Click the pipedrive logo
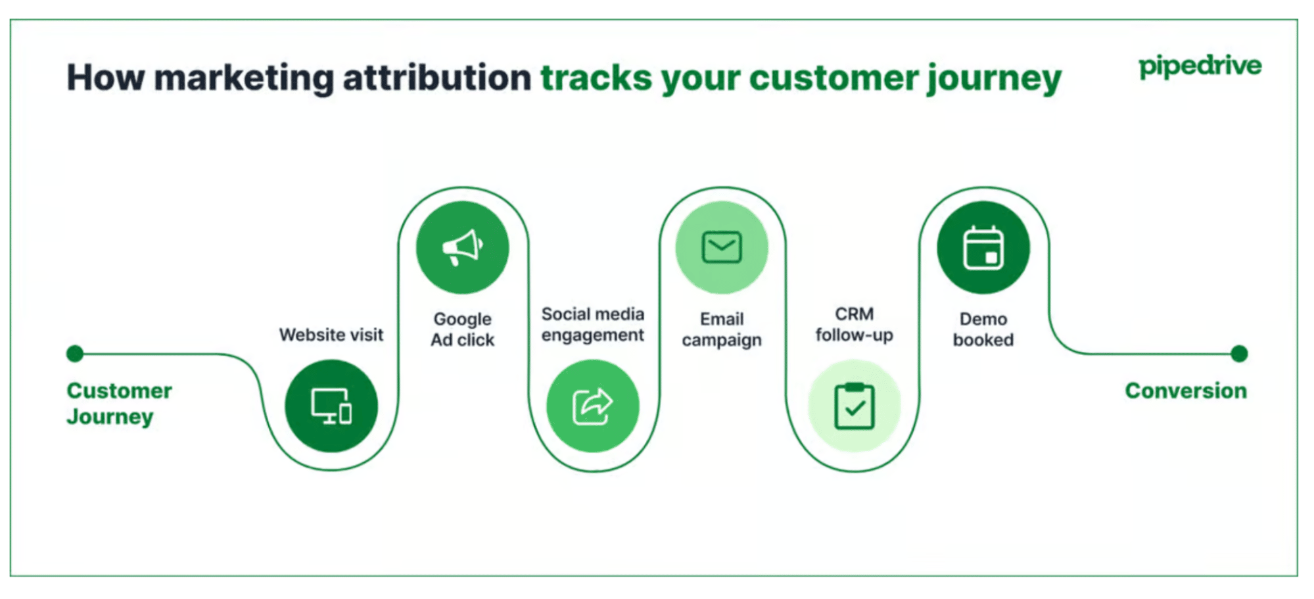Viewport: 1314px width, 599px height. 1200,66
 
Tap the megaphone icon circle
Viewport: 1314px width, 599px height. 462,248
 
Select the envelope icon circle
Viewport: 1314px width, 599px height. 722,248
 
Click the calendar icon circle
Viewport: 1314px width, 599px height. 983,248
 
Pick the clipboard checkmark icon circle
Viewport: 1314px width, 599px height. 854,406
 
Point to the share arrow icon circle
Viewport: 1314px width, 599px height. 592,406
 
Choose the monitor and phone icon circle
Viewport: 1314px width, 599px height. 331,406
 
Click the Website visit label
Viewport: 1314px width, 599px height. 331,335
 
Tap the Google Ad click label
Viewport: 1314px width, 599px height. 462,329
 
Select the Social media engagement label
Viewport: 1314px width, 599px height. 592,324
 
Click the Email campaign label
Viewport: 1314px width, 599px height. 722,329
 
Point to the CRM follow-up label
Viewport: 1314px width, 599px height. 854,324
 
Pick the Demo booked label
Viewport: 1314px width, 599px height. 983,329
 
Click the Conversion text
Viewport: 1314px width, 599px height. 1185,391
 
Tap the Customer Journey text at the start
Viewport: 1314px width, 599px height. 118,403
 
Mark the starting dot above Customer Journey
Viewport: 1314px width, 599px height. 75,354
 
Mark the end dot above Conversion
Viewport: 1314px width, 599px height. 1239,354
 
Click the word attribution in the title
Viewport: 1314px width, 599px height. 436,78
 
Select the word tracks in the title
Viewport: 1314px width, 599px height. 596,78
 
